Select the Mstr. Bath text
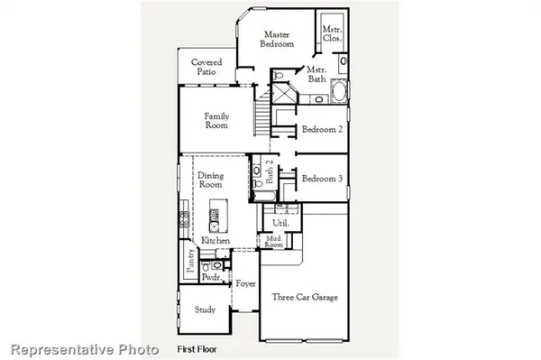pos(316,74)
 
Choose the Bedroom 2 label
pos(321,129)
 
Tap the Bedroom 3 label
pos(321,178)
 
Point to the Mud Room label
pos(274,242)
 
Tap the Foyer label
pos(245,284)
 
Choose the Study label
pos(205,309)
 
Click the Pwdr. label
pos(212,280)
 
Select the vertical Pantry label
pos(190,263)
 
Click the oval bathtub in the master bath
pos(340,92)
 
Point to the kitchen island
pos(215,217)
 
